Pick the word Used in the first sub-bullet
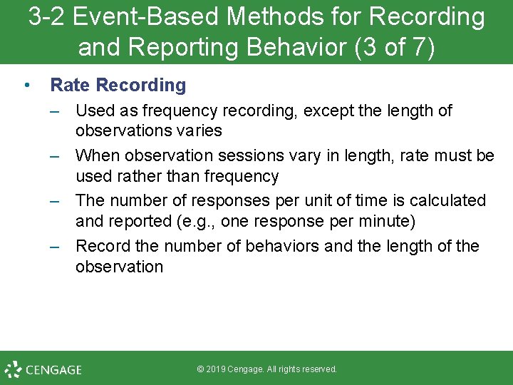[x=92, y=111]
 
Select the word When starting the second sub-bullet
[x=95, y=155]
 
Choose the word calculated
[x=449, y=201]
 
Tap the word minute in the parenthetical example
[x=388, y=221]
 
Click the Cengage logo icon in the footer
[x=13, y=369]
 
